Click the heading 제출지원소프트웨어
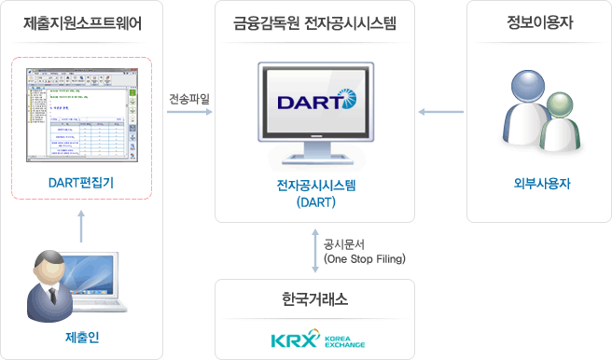pyautogui.click(x=81, y=23)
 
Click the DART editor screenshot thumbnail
pyautogui.click(x=82, y=117)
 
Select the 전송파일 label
pyautogui.click(x=189, y=96)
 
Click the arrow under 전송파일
pyautogui.click(x=189, y=113)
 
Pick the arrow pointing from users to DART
pyautogui.click(x=437, y=113)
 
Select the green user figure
pyautogui.click(x=562, y=123)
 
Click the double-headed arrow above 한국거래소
pyautogui.click(x=315, y=251)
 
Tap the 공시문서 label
pyautogui.click(x=344, y=243)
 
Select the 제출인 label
pyautogui.click(x=81, y=338)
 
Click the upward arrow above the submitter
pyautogui.click(x=81, y=225)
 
